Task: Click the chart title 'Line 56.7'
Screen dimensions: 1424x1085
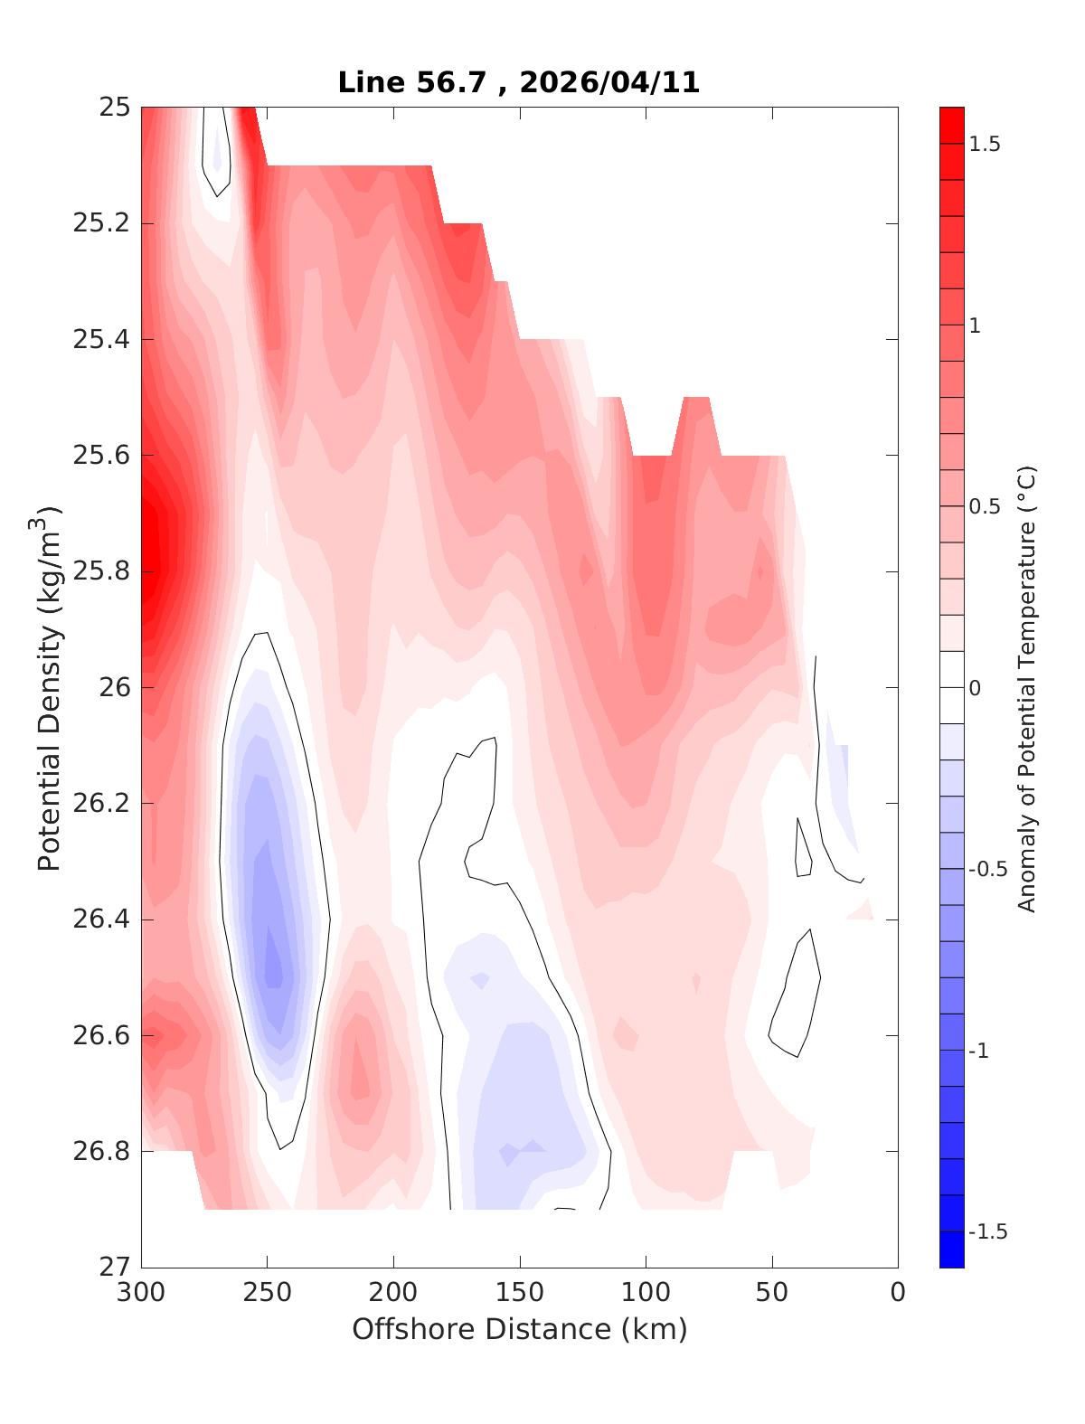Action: pyautogui.click(x=417, y=83)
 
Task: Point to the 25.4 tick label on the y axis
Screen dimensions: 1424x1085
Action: pyautogui.click(x=101, y=340)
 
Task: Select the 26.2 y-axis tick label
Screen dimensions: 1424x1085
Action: pyautogui.click(x=101, y=804)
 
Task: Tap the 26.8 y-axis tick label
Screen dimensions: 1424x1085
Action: pyautogui.click(x=101, y=1152)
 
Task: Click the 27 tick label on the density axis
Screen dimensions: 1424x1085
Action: pyautogui.click(x=115, y=1268)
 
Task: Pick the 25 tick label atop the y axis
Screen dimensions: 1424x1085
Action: pyautogui.click(x=115, y=108)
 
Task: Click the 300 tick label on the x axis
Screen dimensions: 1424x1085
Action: pyautogui.click(x=141, y=1294)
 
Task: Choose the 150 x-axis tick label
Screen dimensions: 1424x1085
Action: pyautogui.click(x=520, y=1294)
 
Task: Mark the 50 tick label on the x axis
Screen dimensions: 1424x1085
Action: pyautogui.click(x=772, y=1294)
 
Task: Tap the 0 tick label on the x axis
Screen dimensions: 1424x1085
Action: pyautogui.click(x=898, y=1294)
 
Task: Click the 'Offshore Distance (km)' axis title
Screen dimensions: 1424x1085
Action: pyautogui.click(x=520, y=1330)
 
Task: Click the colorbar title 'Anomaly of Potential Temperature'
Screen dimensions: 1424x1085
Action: pyautogui.click(x=1026, y=688)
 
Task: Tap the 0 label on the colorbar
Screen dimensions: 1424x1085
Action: pyautogui.click(x=974, y=689)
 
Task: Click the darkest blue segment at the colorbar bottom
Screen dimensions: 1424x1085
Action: pyautogui.click(x=951, y=1250)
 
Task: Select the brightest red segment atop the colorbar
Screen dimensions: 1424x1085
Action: pyautogui.click(x=951, y=126)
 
